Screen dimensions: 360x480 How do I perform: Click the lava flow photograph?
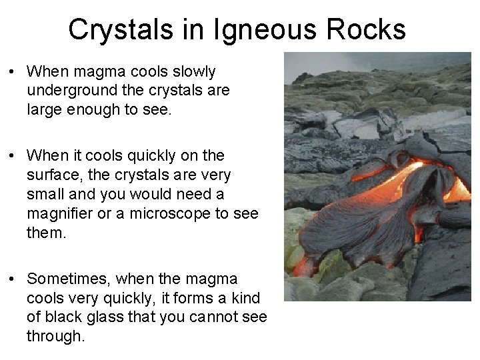click(377, 177)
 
